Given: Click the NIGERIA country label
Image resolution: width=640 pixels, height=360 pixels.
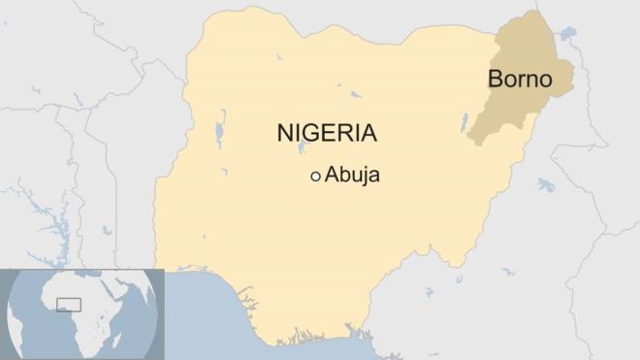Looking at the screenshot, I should [x=327, y=133].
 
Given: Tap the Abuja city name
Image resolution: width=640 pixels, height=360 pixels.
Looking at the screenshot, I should [x=353, y=176].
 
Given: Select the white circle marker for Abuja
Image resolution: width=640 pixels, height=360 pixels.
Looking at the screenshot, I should [x=315, y=177].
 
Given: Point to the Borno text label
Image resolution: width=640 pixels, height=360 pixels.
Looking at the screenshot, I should [x=520, y=80].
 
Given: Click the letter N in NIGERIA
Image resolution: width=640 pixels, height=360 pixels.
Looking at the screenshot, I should [x=285, y=133].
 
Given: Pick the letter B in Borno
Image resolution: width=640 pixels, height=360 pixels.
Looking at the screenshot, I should [x=496, y=80].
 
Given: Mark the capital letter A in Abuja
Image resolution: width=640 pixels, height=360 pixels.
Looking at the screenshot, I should [x=333, y=176].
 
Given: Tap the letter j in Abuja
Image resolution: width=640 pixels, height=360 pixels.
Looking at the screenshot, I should [x=364, y=178].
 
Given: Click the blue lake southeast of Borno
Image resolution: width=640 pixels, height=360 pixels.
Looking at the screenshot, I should [x=546, y=184].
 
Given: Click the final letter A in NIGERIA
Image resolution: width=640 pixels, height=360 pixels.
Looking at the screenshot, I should [x=368, y=133].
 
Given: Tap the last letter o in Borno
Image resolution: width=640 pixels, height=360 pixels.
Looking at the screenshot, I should [x=544, y=81].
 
